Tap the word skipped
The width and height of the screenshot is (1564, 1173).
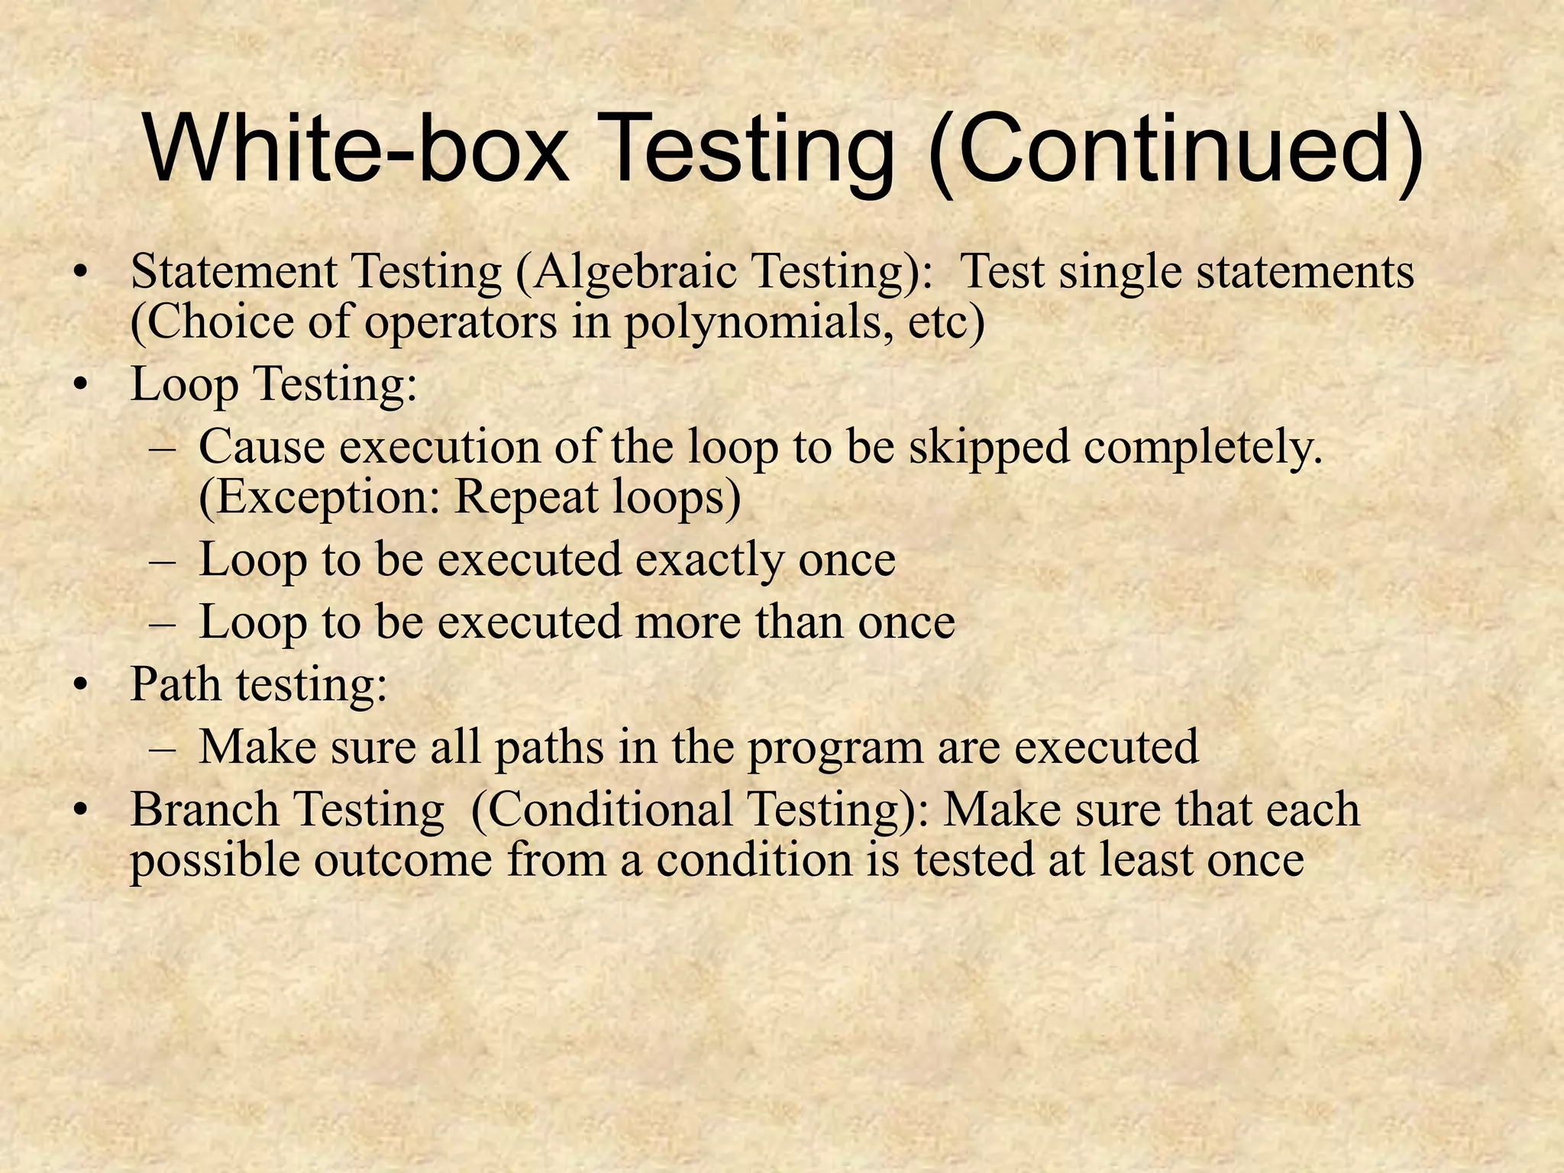coord(989,448)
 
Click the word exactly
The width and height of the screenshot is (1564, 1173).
coord(710,561)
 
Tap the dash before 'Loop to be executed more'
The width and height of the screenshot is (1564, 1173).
coord(162,623)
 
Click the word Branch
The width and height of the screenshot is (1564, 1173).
coord(205,809)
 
